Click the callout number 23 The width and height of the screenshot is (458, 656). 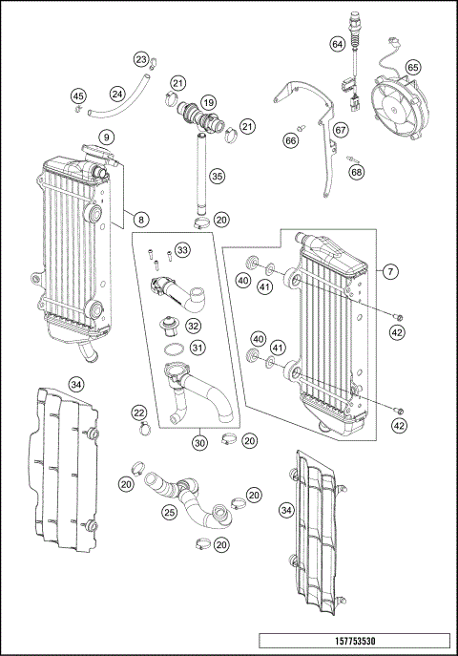click(x=141, y=61)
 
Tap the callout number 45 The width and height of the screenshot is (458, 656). click(x=78, y=95)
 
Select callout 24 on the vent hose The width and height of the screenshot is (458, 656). click(x=117, y=95)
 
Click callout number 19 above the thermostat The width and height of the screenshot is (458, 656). click(x=208, y=100)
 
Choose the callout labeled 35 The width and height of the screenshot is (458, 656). click(x=218, y=176)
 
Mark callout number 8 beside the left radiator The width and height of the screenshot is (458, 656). click(x=141, y=220)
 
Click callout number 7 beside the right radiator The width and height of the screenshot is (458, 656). click(x=390, y=272)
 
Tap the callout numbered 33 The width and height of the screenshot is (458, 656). click(x=182, y=250)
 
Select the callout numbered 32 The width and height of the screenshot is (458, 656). click(x=193, y=326)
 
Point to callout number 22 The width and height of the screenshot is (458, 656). click(x=139, y=412)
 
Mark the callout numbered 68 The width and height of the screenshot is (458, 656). click(x=356, y=173)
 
